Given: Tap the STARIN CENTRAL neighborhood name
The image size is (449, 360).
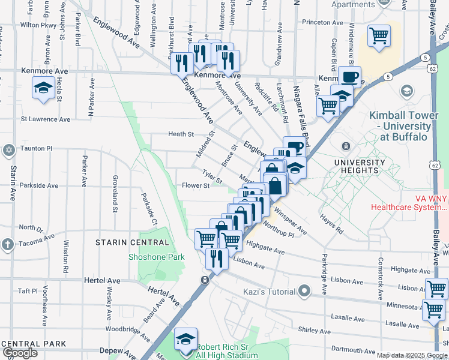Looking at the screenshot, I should pyautogui.click(x=132, y=242).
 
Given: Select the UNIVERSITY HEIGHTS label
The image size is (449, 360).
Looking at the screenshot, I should pyautogui.click(x=360, y=166).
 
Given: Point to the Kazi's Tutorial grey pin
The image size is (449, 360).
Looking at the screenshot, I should pyautogui.click(x=305, y=292).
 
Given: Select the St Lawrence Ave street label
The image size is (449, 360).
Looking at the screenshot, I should pyautogui.click(x=46, y=119).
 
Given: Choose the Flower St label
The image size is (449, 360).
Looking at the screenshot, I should pyautogui.click(x=196, y=185).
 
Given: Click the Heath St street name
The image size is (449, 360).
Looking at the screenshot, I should pyautogui.click(x=181, y=134).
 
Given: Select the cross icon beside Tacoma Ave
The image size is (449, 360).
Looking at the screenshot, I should pyautogui.click(x=8, y=244).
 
